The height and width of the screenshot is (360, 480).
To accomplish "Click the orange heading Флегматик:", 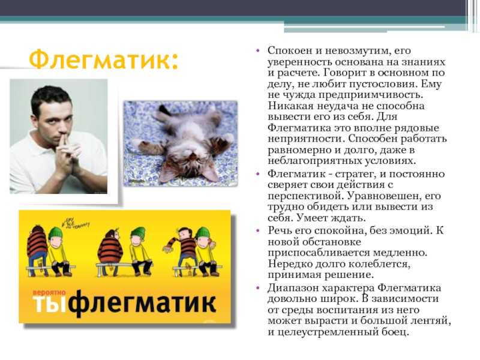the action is click(103, 59).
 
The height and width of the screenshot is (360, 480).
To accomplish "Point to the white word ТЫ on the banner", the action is click(50, 304).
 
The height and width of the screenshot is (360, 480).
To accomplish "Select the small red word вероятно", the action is click(49, 293).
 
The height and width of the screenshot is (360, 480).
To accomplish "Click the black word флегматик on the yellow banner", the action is click(143, 303).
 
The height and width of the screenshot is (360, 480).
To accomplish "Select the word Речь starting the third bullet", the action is click(280, 230).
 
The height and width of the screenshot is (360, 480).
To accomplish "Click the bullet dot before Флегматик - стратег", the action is click(258, 174).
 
